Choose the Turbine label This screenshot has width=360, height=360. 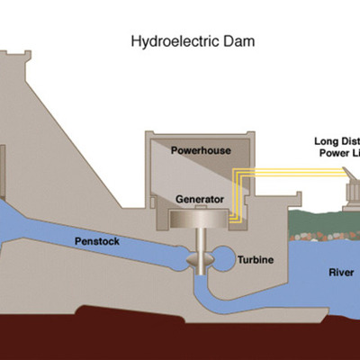tap(255, 260)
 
